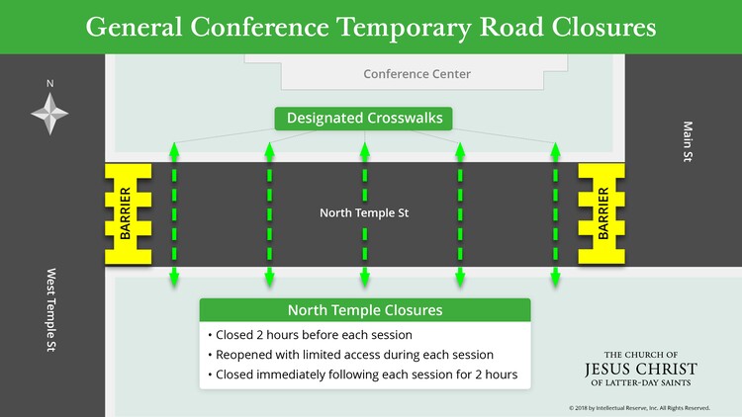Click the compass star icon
click(49, 114)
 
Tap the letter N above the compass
click(49, 84)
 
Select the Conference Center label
click(417, 74)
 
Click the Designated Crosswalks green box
click(363, 119)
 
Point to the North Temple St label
click(364, 212)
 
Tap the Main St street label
click(688, 141)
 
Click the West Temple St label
click(51, 309)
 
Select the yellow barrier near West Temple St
click(129, 213)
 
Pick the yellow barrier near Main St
click(602, 213)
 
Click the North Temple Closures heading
click(365, 310)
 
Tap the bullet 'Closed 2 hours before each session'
click(310, 335)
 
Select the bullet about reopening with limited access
click(350, 355)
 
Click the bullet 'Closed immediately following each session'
click(362, 375)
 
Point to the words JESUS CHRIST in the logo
click(641, 369)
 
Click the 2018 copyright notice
click(639, 408)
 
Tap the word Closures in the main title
click(603, 27)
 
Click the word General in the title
click(134, 27)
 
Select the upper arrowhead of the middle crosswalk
click(365, 149)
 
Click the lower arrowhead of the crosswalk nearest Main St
click(556, 279)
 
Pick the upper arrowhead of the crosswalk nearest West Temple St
click(174, 149)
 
